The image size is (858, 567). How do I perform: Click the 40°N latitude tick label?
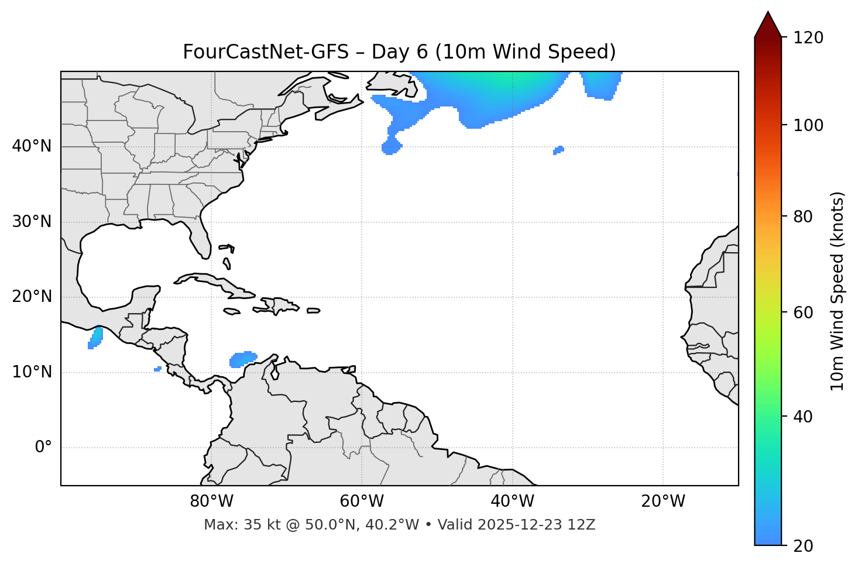[x=32, y=146]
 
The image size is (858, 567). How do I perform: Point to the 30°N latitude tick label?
[x=32, y=222]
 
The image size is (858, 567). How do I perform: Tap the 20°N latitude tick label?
[x=32, y=297]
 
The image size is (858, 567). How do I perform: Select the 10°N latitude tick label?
[x=32, y=372]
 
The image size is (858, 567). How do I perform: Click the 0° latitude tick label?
[x=43, y=448]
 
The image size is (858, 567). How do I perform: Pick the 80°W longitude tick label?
[x=211, y=501]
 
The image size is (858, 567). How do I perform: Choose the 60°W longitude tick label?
[x=362, y=501]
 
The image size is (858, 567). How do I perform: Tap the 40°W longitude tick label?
[x=512, y=501]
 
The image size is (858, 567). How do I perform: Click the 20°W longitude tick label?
[x=663, y=501]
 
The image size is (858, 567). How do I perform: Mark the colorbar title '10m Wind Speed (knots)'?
[x=838, y=291]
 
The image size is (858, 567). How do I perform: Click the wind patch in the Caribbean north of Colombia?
[x=243, y=359]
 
